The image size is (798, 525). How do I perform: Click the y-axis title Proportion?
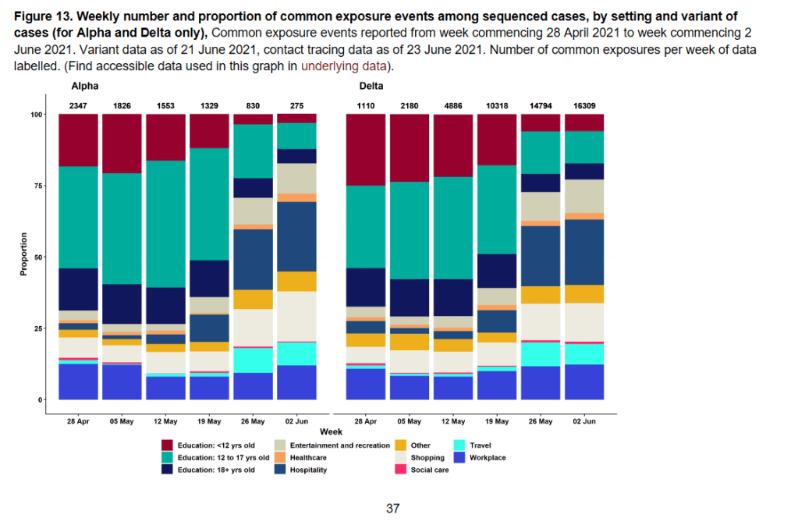pos(23,254)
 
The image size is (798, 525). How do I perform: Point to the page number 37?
pos(393,509)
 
